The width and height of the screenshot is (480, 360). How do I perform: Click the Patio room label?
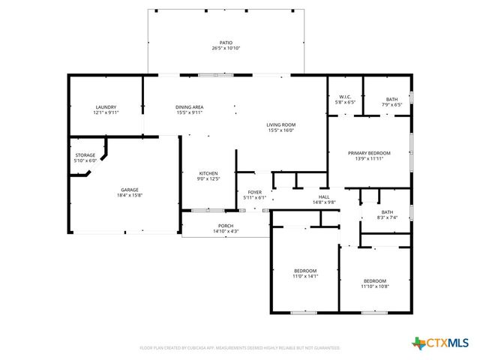pos(226,43)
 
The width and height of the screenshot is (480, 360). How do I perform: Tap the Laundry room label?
pos(106,107)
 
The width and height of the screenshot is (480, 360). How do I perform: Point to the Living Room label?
pos(281,124)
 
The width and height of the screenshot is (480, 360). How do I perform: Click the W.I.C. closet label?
pos(345,97)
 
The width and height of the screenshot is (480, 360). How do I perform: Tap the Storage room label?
pos(85,155)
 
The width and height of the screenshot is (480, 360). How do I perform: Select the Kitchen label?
pos(208,173)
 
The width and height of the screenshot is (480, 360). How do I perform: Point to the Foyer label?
pos(255,192)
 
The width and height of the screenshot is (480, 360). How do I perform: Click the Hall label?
pos(324,197)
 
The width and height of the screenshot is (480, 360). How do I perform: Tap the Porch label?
pos(226,226)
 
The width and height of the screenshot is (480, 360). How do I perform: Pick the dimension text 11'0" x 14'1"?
pos(305,276)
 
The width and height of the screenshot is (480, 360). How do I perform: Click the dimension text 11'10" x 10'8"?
pos(375,286)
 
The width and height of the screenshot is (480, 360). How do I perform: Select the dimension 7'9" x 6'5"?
pos(392,104)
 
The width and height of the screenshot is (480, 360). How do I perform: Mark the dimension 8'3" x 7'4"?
pos(387,217)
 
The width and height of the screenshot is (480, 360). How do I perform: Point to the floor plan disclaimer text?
pos(240,348)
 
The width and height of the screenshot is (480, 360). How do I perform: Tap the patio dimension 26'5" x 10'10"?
pos(226,49)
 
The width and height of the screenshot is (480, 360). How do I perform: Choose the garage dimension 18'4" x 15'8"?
pos(130,195)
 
